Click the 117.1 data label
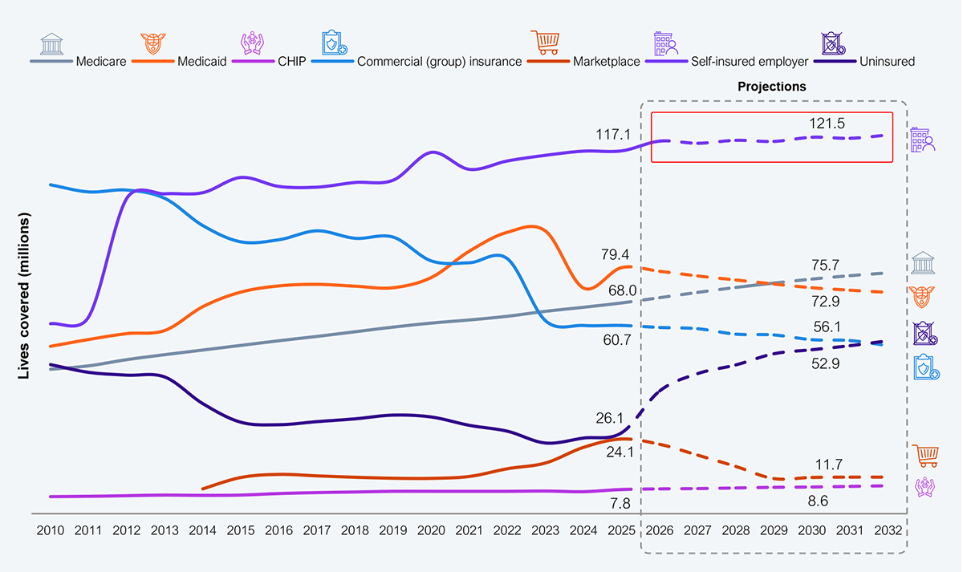click(x=611, y=134)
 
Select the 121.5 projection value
click(x=828, y=123)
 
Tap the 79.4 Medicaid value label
click(x=616, y=255)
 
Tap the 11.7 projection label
click(x=827, y=464)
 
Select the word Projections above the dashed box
click(x=771, y=86)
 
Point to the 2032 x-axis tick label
click(x=886, y=531)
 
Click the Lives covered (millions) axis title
click(x=24, y=297)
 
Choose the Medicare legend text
click(x=101, y=61)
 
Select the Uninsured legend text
click(x=885, y=61)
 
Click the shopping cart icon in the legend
click(x=545, y=42)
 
